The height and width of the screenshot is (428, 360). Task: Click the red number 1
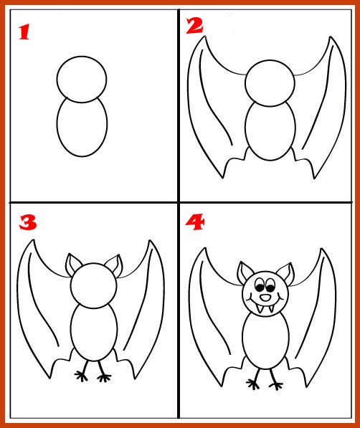[x=24, y=32]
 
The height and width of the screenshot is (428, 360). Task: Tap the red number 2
[x=194, y=26]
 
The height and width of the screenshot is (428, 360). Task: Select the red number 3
[x=28, y=222]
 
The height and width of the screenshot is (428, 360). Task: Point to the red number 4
[x=195, y=222]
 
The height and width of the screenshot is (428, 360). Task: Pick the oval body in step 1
[x=57, y=124]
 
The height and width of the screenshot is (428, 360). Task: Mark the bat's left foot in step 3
[x=82, y=372]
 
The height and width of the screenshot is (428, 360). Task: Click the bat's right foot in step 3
[x=103, y=373]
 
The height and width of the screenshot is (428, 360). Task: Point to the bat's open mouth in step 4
[x=265, y=298]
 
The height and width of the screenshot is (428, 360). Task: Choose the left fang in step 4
[x=259, y=309]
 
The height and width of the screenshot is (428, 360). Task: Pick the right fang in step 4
[x=271, y=309]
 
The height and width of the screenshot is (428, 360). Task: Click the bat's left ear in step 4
[x=244, y=272]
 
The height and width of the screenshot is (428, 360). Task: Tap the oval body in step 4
[x=242, y=340]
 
